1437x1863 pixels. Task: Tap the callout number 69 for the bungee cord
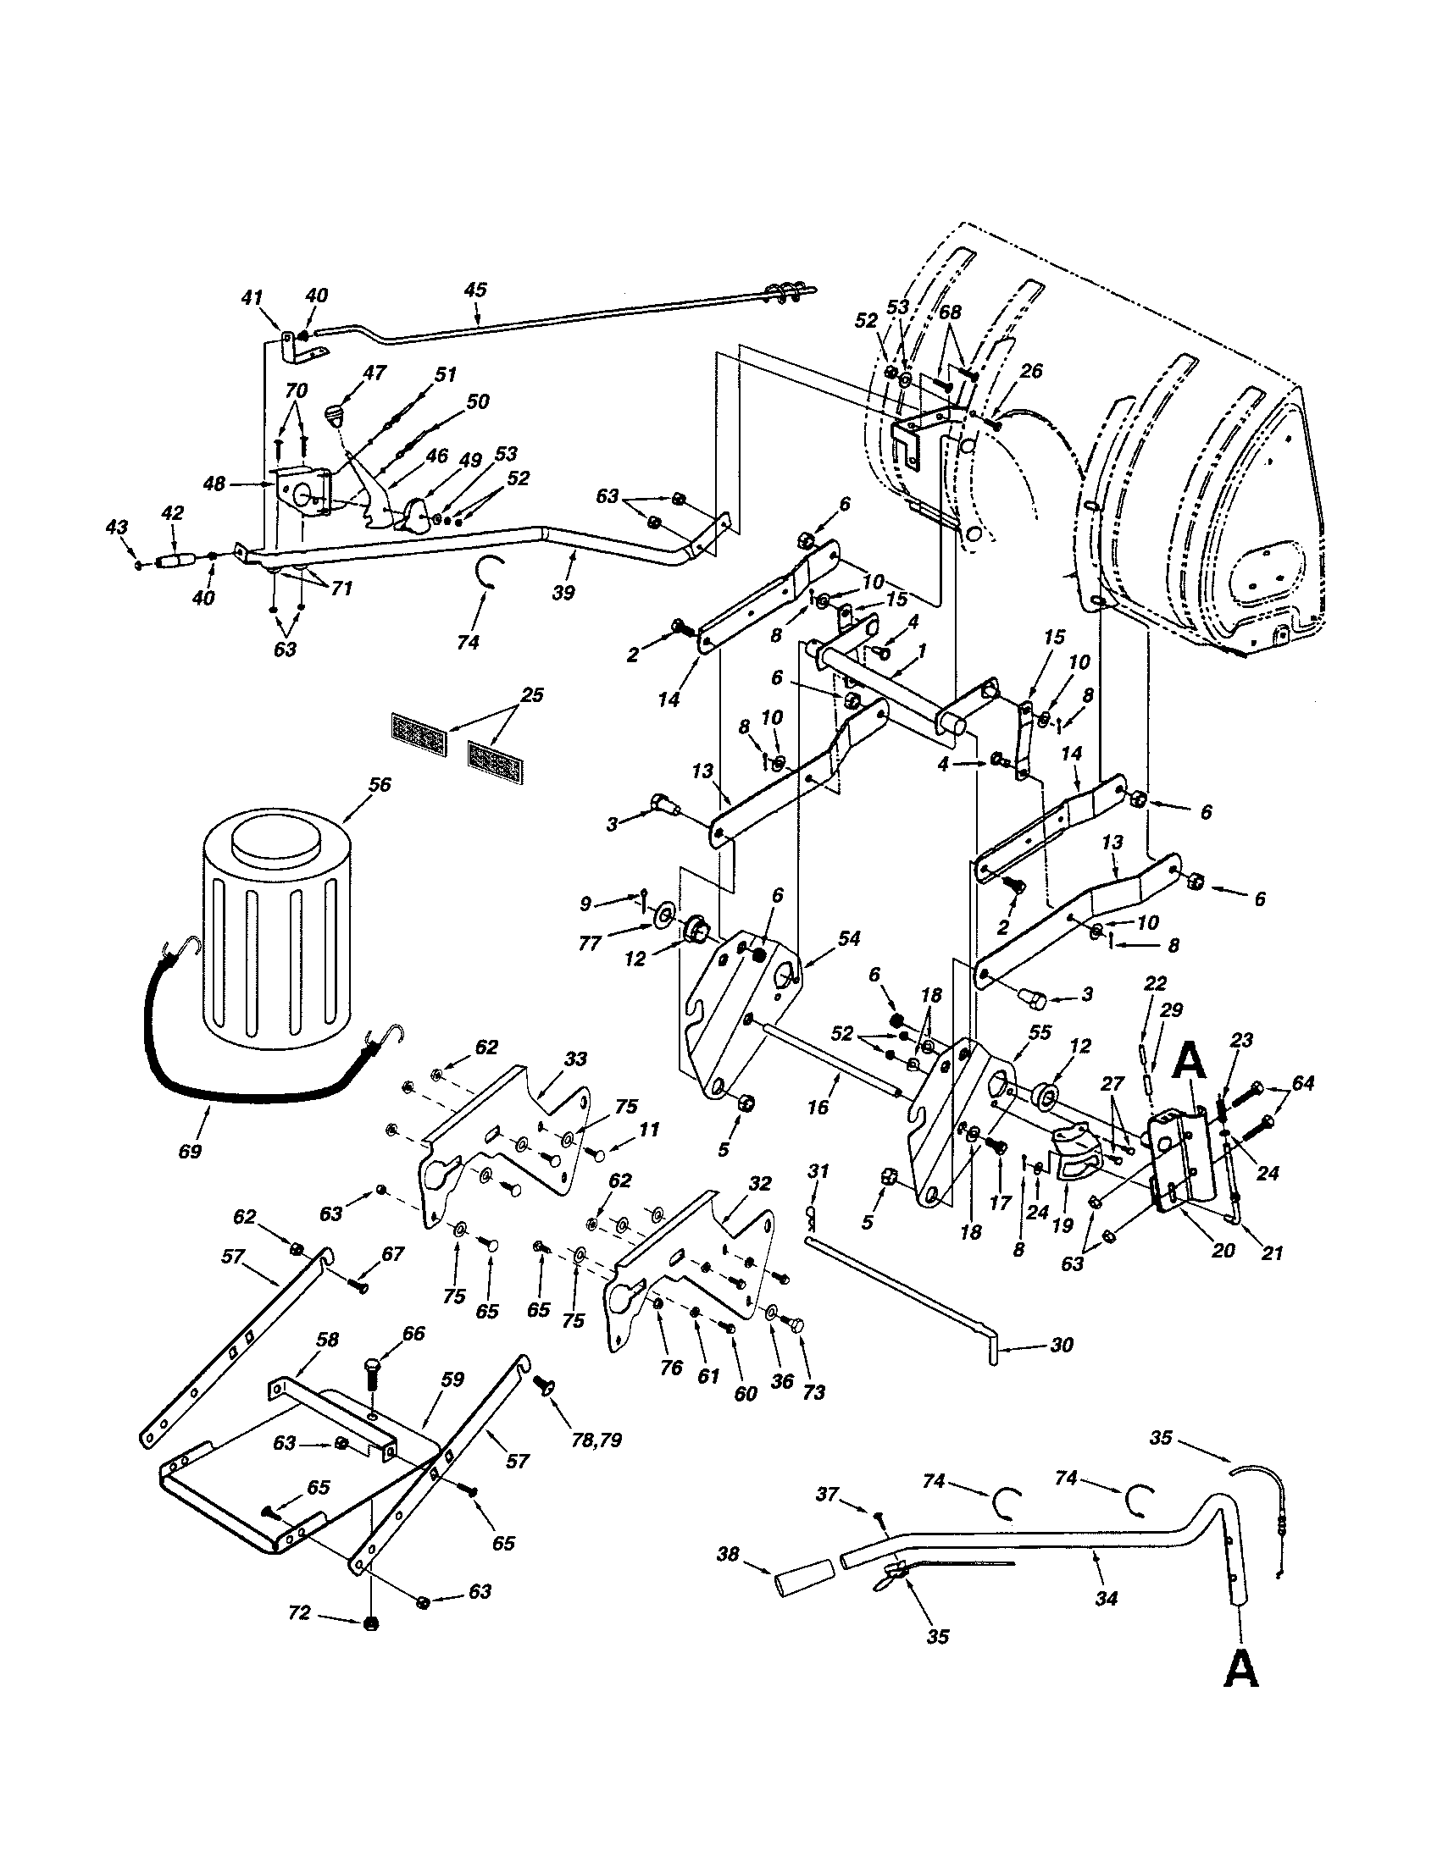[190, 1151]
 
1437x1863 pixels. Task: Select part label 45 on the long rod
[475, 289]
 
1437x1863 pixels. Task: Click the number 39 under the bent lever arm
[563, 592]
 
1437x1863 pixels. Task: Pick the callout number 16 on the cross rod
[818, 1108]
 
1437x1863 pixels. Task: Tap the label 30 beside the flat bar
[1062, 1346]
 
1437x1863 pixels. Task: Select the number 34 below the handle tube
[1106, 1598]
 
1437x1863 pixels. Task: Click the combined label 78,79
[597, 1440]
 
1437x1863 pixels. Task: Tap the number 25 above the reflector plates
[531, 695]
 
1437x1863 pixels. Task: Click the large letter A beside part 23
[1191, 1062]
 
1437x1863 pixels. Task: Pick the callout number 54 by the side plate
[849, 938]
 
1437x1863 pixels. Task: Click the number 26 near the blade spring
[1031, 371]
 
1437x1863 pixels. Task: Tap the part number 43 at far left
[115, 528]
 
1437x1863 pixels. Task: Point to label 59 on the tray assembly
[453, 1379]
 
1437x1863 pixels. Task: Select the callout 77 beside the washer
[613, 943]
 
